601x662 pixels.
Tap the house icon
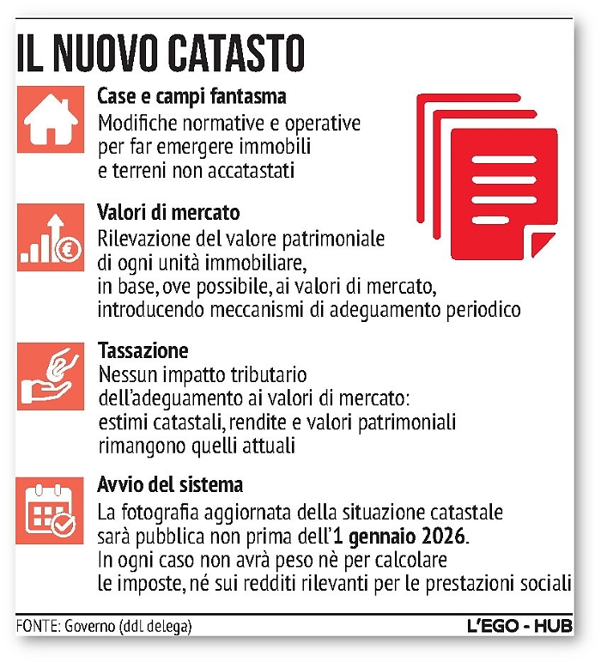(49, 121)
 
